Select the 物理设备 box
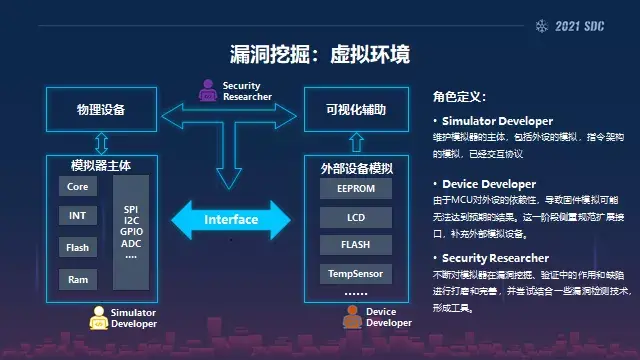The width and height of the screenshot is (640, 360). (x=101, y=108)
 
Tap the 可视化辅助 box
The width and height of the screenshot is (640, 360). (x=344, y=108)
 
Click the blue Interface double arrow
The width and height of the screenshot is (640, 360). (x=231, y=220)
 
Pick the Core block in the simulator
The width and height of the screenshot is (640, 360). (x=77, y=187)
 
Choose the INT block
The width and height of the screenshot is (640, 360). (x=77, y=216)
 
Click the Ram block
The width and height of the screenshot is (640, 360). (x=77, y=279)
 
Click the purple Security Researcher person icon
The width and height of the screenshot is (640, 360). (x=207, y=92)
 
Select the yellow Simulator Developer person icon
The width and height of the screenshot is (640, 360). (x=98, y=318)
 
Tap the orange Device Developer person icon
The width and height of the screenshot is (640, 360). (x=351, y=318)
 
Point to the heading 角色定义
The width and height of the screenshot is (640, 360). (x=460, y=97)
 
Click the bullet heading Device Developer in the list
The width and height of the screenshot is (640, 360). (x=490, y=184)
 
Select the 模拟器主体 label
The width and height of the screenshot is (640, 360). (x=101, y=164)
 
